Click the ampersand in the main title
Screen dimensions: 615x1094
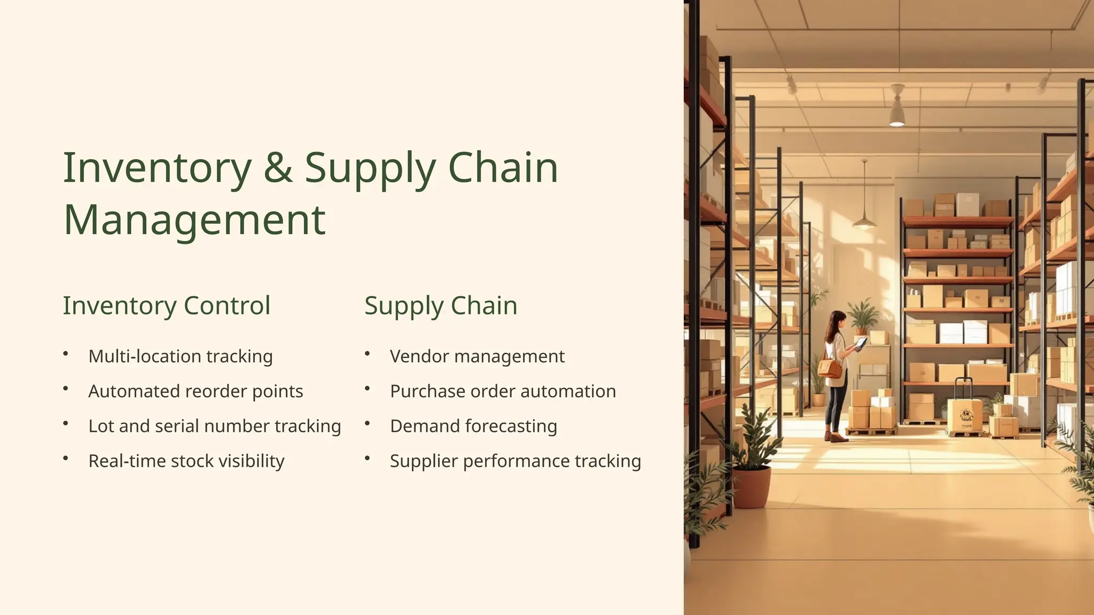pos(278,168)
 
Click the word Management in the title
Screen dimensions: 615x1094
pos(194,219)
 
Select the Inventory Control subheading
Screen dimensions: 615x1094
pos(167,305)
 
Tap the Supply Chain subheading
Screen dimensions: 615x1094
pos(441,305)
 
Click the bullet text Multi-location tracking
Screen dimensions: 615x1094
pos(181,356)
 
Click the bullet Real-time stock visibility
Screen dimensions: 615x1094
pos(186,461)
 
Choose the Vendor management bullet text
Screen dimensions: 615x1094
pos(477,356)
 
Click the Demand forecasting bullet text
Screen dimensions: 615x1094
pos(473,426)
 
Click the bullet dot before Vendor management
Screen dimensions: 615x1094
pos(368,353)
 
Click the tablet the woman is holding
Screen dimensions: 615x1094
pos(861,343)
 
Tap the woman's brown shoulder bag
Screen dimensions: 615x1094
pos(829,368)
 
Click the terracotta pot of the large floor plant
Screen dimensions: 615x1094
pos(751,486)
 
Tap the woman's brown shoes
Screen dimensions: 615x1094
pos(836,437)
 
